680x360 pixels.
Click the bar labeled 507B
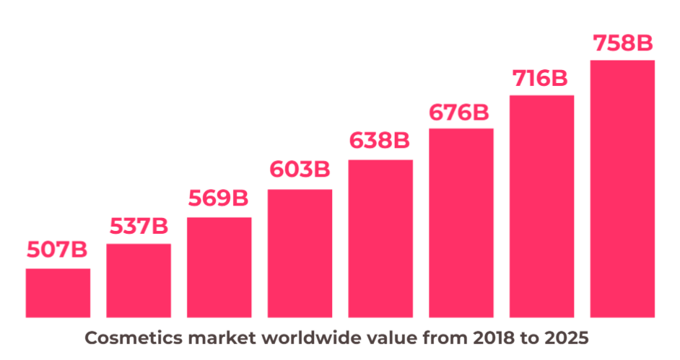(x=58, y=293)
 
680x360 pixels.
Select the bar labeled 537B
(x=139, y=281)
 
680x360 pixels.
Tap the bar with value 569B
(x=219, y=267)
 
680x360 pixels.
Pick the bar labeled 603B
(x=300, y=253)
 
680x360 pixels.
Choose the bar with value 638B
(x=380, y=238)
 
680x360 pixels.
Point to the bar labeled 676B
(x=461, y=223)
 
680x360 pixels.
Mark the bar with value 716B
(x=541, y=206)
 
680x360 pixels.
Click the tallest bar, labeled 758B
(x=622, y=188)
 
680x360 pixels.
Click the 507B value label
(x=58, y=250)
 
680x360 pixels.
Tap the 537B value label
(x=139, y=226)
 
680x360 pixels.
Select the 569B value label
(x=219, y=198)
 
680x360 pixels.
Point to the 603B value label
(x=300, y=170)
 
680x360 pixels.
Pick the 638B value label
(x=380, y=141)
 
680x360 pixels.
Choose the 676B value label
(x=460, y=113)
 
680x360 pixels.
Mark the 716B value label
(x=541, y=78)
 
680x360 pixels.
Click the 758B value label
(x=622, y=43)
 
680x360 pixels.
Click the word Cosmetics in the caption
(x=123, y=338)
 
